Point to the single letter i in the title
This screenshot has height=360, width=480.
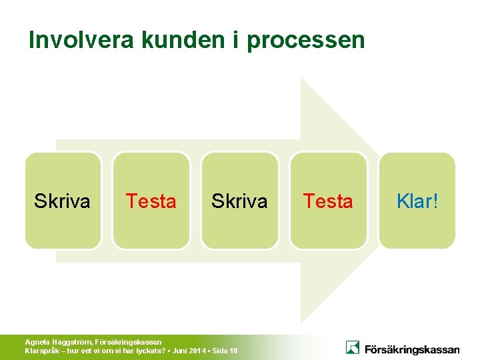tap(237, 40)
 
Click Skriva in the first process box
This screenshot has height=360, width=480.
tap(62, 201)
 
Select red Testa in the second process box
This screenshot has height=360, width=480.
tap(151, 201)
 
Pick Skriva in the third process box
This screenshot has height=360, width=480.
tap(239, 201)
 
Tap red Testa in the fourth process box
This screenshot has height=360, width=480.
tap(328, 201)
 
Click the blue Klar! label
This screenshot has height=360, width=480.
tap(417, 201)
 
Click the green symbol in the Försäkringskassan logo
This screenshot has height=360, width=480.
tap(353, 347)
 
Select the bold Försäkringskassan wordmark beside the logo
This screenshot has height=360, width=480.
tap(411, 349)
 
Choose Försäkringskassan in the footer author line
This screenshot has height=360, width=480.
tap(129, 342)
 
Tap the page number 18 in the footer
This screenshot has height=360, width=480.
tap(233, 351)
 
